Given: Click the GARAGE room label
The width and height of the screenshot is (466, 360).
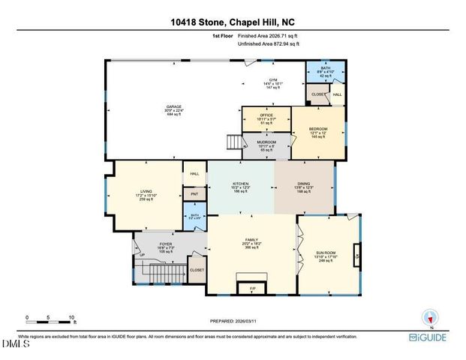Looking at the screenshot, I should pyautogui.click(x=174, y=106).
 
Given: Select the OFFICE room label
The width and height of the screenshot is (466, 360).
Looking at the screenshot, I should pyautogui.click(x=266, y=115).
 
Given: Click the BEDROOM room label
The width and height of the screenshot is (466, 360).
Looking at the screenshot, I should pyautogui.click(x=319, y=129).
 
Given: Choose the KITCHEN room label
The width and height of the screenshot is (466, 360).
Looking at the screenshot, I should pyautogui.click(x=240, y=183).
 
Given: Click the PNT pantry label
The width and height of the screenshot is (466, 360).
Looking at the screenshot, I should pyautogui.click(x=194, y=193).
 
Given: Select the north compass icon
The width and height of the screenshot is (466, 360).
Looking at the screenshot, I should pyautogui.click(x=429, y=316).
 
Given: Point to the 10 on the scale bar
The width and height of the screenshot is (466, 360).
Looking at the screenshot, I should pyautogui.click(x=72, y=316).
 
